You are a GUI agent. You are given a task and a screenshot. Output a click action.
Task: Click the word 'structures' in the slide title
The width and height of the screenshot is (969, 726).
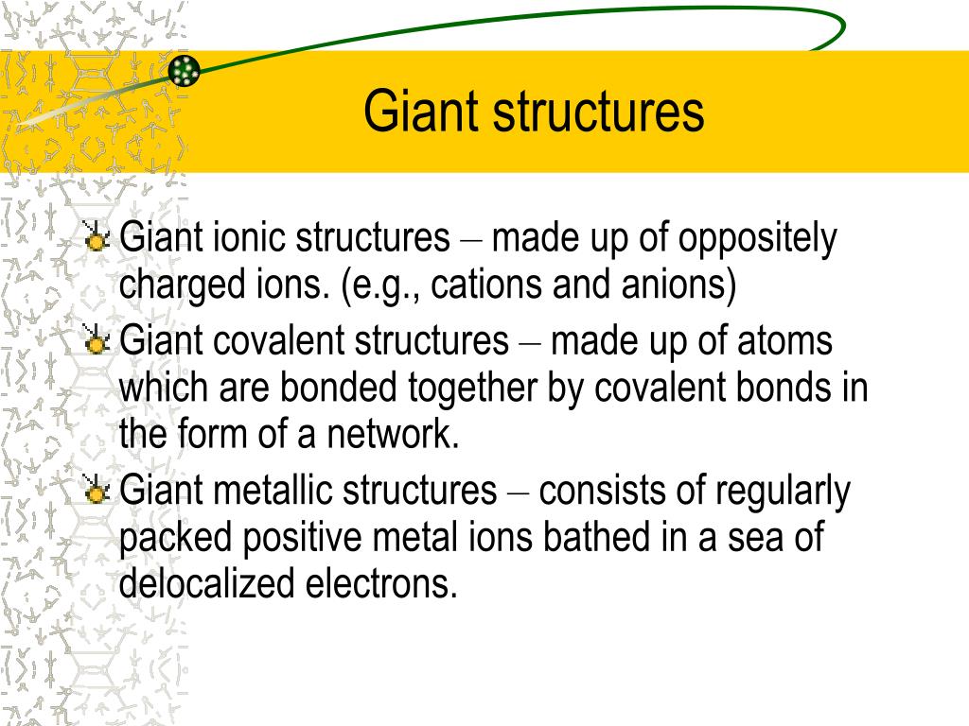pos(596,112)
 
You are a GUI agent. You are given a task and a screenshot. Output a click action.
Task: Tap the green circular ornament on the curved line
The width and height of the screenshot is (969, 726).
pos(185,69)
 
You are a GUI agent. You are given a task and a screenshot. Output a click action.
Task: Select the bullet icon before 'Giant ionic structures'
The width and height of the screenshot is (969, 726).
pos(97,238)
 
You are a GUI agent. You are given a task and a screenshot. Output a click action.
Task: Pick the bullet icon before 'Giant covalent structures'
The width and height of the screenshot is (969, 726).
pos(97,341)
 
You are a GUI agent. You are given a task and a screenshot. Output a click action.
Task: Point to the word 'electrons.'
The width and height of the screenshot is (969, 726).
pos(382,583)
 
